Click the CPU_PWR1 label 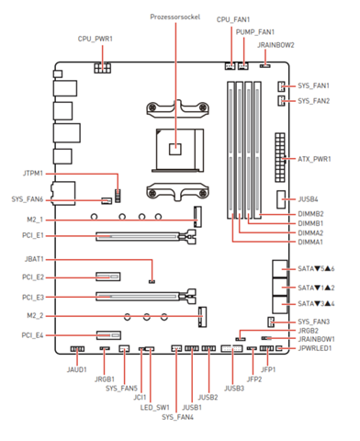[x=96, y=39]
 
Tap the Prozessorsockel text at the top [x=175, y=17]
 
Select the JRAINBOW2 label [x=276, y=45]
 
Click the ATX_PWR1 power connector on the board [x=280, y=157]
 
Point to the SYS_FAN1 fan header [x=281, y=86]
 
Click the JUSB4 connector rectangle [x=281, y=199]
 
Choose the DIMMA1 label [x=310, y=243]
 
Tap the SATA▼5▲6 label [x=316, y=269]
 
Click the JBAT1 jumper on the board [x=152, y=281]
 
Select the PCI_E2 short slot [x=108, y=277]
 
